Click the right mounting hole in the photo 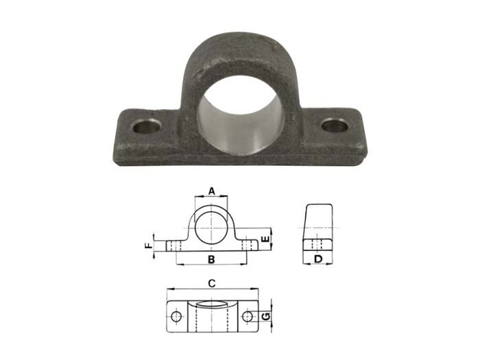coord(334,126)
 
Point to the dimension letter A coord(212,190)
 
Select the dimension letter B coord(212,259)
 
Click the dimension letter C coord(212,282)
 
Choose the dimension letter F coord(147,245)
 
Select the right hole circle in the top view coord(248,316)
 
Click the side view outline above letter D coord(318,219)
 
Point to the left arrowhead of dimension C coord(169,289)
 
